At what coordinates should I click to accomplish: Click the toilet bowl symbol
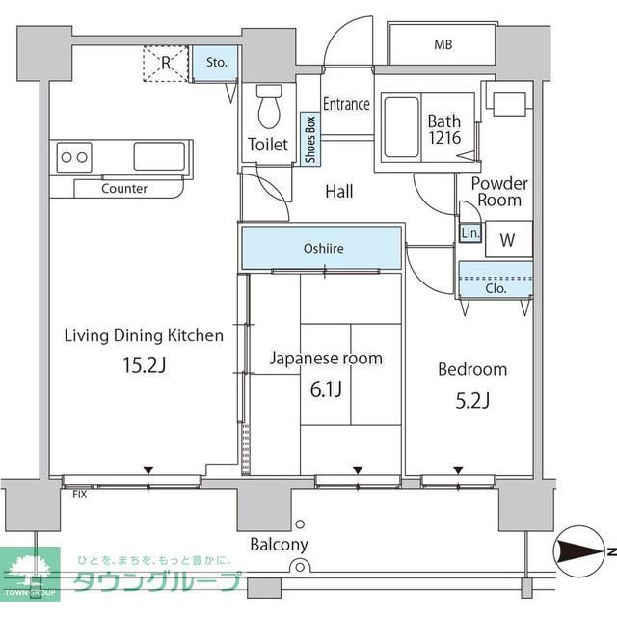point(268,105)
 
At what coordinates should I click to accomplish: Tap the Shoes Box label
point(310,141)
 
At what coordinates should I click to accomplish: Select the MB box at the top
point(443,44)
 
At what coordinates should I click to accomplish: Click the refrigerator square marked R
point(166,64)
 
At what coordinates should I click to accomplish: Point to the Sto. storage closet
point(216,64)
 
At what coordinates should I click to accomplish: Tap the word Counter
point(123,189)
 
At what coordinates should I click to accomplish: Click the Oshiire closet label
point(323,249)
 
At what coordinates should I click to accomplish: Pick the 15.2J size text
point(144,366)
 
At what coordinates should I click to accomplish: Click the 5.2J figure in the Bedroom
point(471,400)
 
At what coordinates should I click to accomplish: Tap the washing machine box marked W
point(507,240)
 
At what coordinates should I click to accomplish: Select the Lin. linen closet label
point(469,234)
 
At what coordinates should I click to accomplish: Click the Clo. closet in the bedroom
point(496,286)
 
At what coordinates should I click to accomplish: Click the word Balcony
point(279,545)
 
